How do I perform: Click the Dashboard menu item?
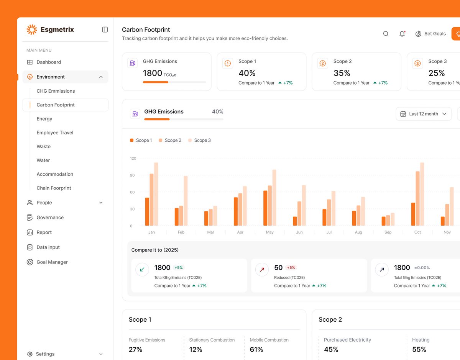coord(49,62)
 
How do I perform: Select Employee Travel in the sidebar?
coord(55,133)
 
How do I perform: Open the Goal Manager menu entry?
coord(52,262)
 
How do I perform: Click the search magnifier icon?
coord(386,34)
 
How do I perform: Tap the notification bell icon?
coord(402,34)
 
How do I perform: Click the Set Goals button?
coord(431,34)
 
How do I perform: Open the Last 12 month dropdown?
coord(423,114)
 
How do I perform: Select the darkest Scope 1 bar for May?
coord(265,208)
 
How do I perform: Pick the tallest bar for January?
coord(156,194)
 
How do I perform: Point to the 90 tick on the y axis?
coord(132,175)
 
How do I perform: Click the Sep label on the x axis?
coord(388,232)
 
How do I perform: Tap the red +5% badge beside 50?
coord(291,268)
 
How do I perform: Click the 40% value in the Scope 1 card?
coord(247,73)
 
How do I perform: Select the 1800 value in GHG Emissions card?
coord(153,73)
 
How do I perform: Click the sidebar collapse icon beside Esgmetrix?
coord(105,29)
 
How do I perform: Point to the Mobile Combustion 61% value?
coord(256,349)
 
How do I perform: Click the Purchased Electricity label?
coord(347,340)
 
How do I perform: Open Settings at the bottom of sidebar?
coord(45,354)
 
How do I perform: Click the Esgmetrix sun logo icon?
coord(32,29)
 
